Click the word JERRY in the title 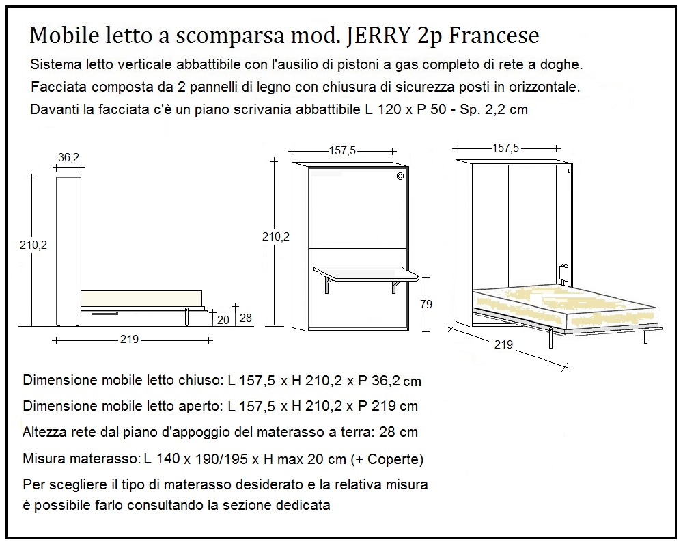[x=376, y=36]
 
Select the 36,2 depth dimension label [x=68, y=157]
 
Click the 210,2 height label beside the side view [x=32, y=244]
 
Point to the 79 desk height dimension [x=425, y=305]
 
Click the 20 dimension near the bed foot [x=223, y=318]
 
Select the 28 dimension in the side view [x=246, y=318]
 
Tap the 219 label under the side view [x=130, y=340]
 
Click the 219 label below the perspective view [x=503, y=344]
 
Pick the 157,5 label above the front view [x=342, y=151]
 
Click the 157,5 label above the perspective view [x=505, y=148]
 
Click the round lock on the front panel [x=400, y=176]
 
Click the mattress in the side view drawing [x=142, y=298]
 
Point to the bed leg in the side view [x=186, y=316]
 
